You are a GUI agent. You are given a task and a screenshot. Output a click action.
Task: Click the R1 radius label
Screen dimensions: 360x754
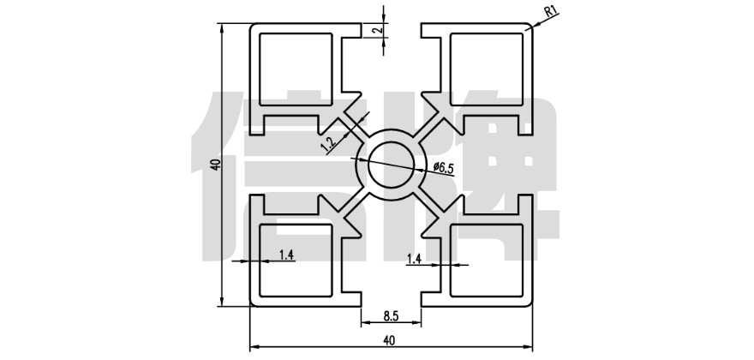point(552,11)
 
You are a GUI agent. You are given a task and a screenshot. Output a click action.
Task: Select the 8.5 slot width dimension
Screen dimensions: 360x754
point(389,314)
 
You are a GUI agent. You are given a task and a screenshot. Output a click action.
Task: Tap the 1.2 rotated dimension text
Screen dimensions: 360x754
point(328,142)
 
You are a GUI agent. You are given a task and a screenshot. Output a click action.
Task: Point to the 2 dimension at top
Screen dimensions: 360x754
point(376,30)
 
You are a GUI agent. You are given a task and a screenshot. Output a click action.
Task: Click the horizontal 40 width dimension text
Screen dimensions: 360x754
point(390,340)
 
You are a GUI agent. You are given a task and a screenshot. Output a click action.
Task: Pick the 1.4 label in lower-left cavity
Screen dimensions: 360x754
point(286,254)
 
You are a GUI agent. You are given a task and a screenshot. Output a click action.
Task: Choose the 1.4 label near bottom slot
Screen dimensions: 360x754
point(414,258)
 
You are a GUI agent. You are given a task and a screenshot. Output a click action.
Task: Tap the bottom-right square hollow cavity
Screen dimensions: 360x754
point(486,259)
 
